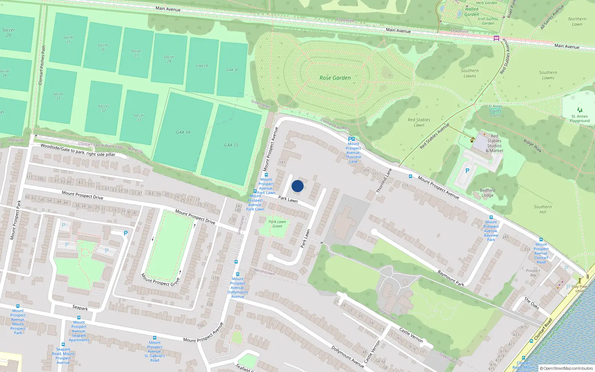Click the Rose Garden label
pyautogui.click(x=335, y=78)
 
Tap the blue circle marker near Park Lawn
pyautogui.click(x=297, y=186)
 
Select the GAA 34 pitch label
pyautogui.click(x=183, y=132)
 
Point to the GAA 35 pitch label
pyautogui.click(x=231, y=145)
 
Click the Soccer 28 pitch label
pyautogui.click(x=169, y=59)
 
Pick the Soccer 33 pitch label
pyautogui.click(x=139, y=118)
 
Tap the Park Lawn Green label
pyautogui.click(x=277, y=224)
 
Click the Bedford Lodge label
pyautogui.click(x=488, y=193)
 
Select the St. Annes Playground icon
pyautogui.click(x=579, y=110)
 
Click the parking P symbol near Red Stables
pyautogui.click(x=467, y=171)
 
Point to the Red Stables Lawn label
pyautogui.click(x=419, y=122)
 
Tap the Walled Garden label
pyautogui.click(x=472, y=12)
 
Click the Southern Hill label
pyautogui.click(x=543, y=209)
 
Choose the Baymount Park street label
pyautogui.click(x=451, y=278)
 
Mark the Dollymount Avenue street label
pyautogui.click(x=348, y=357)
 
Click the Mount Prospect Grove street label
pyautogui.click(x=160, y=280)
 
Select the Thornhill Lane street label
pyautogui.click(x=384, y=181)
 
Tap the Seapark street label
pyautogui.click(x=80, y=308)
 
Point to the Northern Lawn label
pyautogui.click(x=577, y=22)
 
